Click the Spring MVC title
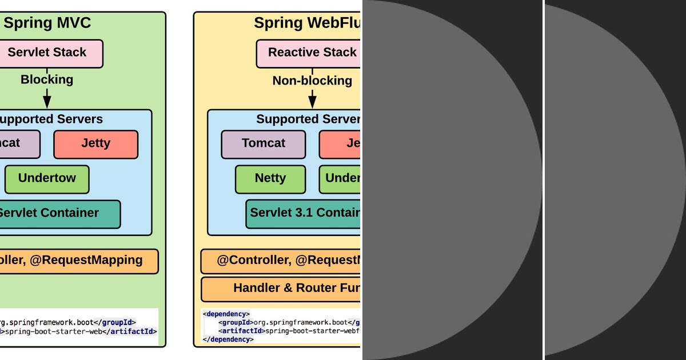(x=47, y=23)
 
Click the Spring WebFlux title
(x=308, y=23)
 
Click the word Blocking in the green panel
(x=47, y=79)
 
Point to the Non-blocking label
(x=312, y=81)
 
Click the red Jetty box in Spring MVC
(x=95, y=144)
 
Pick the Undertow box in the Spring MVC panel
(x=47, y=179)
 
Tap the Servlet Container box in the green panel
(x=57, y=214)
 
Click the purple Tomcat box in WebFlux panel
(x=263, y=144)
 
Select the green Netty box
(x=270, y=179)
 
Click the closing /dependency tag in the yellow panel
(x=228, y=339)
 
